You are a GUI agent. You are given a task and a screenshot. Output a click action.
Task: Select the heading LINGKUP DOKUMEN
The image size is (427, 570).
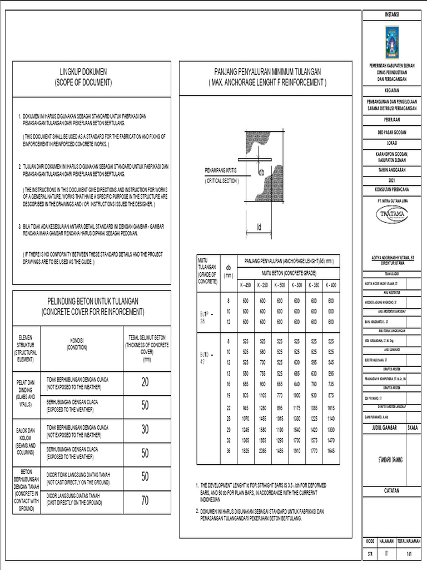(83, 72)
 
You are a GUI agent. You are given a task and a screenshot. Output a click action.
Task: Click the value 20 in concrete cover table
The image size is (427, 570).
(145, 382)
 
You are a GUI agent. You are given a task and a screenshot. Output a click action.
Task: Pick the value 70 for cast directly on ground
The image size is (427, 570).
(145, 500)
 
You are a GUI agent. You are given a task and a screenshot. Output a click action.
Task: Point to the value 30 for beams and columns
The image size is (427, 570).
(145, 430)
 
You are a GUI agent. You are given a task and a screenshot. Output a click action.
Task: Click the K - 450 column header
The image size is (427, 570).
(245, 285)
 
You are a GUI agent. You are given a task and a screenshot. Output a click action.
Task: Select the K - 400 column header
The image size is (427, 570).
(331, 285)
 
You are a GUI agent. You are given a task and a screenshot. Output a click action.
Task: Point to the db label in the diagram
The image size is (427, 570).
(261, 173)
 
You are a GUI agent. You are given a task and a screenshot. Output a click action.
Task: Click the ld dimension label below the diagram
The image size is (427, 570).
(259, 227)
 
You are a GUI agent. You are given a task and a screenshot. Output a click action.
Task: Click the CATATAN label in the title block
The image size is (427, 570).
(391, 490)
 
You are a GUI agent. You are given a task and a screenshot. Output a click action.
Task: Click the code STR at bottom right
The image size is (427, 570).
(370, 554)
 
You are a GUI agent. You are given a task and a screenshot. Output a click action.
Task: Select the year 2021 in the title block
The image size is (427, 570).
(391, 181)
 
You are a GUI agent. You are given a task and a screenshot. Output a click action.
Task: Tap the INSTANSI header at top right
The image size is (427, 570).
(391, 14)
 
